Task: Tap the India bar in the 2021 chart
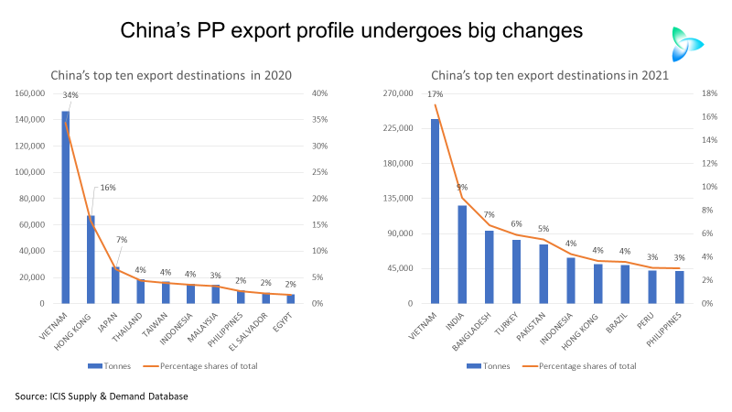[x=462, y=255]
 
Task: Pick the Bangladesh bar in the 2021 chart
[x=490, y=266]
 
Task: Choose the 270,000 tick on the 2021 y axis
[x=401, y=93]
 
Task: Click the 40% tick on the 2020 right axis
[x=319, y=93]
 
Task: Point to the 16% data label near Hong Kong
[x=107, y=188]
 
